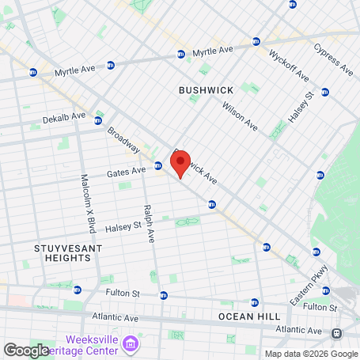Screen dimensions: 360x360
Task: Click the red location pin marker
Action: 180,163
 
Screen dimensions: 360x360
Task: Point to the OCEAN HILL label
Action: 249,316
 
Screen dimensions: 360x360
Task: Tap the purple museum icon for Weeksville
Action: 131,344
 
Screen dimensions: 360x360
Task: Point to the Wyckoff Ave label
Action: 288,65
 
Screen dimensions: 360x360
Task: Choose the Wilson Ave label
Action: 240,116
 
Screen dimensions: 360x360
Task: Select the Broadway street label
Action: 123,141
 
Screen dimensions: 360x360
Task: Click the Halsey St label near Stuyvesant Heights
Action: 123,225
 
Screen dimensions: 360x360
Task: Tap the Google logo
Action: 26,350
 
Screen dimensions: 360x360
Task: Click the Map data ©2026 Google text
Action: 311,353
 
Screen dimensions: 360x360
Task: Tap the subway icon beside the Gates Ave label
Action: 158,165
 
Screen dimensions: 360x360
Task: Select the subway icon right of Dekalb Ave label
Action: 98,120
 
